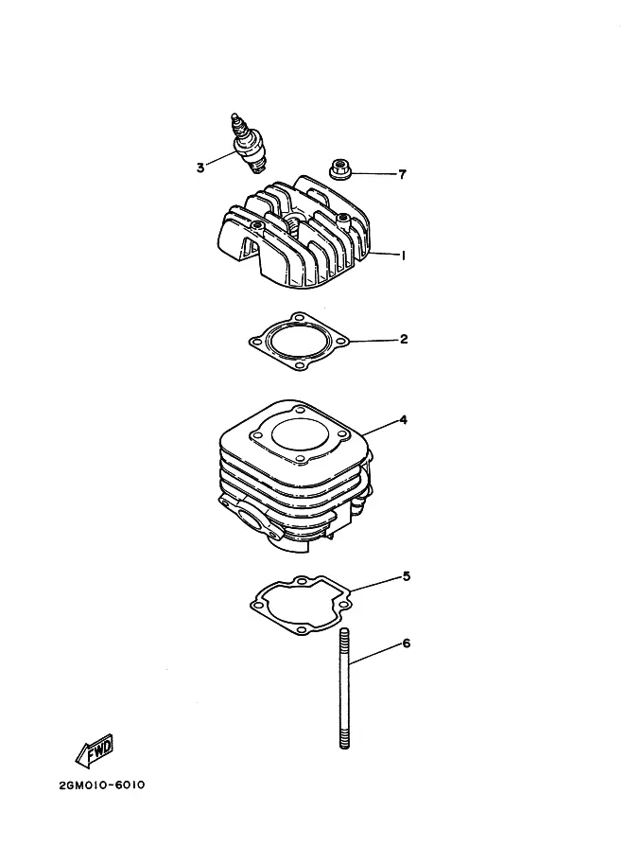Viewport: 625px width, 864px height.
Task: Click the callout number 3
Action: tap(200, 168)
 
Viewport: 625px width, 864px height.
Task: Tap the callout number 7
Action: tap(403, 175)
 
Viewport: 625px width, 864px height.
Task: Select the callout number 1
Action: tap(403, 256)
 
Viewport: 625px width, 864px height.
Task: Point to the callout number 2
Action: tap(404, 339)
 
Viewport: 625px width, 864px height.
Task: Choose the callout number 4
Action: tap(403, 420)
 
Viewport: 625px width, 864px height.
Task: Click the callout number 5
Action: tap(407, 576)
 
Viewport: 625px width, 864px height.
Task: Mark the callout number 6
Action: tap(407, 644)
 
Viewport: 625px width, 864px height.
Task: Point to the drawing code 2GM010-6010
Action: tap(102, 785)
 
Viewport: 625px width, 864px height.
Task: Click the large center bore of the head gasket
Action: tap(297, 340)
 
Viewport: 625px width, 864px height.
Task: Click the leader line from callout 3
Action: tap(221, 158)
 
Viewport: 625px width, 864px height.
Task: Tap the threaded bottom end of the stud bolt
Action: tap(345, 738)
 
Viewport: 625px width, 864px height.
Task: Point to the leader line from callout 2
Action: tap(374, 341)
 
